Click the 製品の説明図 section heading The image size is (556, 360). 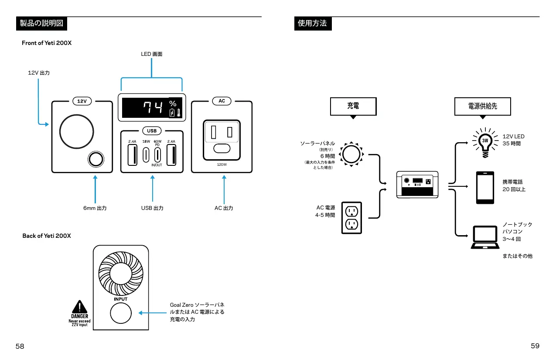41,24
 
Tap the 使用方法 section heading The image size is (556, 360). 312,24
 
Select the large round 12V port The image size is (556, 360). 76,131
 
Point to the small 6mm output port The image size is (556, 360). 96,159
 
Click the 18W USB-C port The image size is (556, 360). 146,155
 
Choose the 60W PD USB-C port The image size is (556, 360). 157,155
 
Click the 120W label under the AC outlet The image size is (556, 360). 222,165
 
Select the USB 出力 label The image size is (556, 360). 152,208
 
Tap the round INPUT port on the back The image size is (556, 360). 120,313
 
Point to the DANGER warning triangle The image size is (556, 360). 79,306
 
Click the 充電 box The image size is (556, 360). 353,106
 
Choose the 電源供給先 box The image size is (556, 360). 482,106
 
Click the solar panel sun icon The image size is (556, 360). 351,154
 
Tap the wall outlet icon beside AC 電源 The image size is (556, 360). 351,217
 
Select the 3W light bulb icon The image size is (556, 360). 484,141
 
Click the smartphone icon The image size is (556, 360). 485,188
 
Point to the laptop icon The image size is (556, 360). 484,237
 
